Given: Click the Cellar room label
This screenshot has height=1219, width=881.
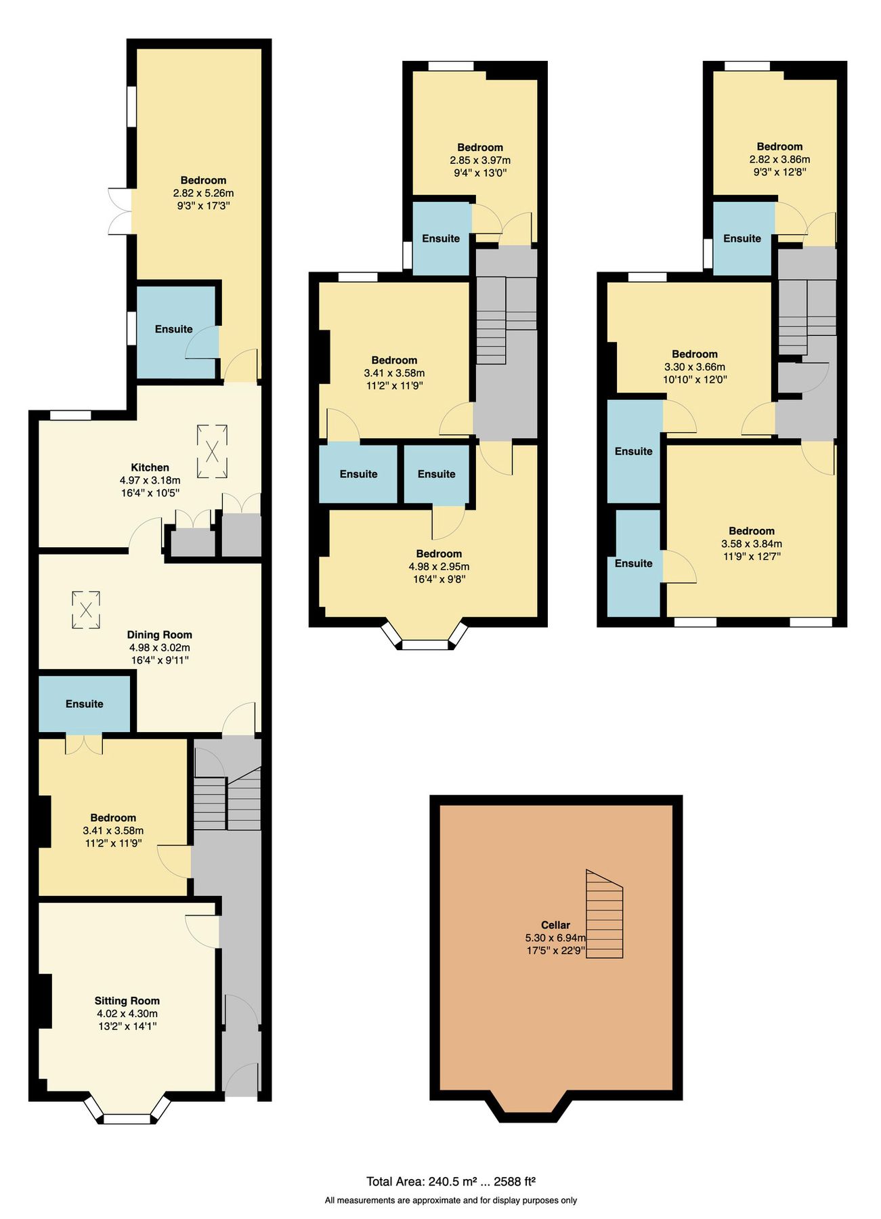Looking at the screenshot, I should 555,924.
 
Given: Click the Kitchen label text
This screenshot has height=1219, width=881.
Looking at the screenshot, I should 150,467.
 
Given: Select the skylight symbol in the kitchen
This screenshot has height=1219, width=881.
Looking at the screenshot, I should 212,451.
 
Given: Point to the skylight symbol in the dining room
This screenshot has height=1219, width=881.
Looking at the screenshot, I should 86,609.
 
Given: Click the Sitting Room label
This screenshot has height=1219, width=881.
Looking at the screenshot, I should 127,1000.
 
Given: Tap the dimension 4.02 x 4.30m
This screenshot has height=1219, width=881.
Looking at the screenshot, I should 127,1013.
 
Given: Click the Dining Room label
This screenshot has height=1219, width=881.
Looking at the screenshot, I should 160,635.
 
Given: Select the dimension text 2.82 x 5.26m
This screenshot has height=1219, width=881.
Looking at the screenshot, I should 203,193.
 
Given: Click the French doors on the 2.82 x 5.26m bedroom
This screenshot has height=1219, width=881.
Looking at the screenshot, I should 119,211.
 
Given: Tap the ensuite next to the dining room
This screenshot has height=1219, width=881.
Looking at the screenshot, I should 85,704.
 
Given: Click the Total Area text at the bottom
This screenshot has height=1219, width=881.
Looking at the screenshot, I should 451,1181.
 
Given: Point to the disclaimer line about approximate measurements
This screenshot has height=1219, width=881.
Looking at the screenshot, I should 451,1200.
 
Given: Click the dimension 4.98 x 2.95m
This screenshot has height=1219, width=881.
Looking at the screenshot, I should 439,566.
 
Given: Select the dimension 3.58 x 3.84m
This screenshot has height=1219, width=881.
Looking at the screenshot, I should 752,543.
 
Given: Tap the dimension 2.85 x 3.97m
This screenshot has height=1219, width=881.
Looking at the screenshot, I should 480,160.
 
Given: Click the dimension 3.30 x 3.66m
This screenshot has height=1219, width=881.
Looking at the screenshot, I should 695,366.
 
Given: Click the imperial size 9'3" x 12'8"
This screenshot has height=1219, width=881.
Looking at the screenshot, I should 780,172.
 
